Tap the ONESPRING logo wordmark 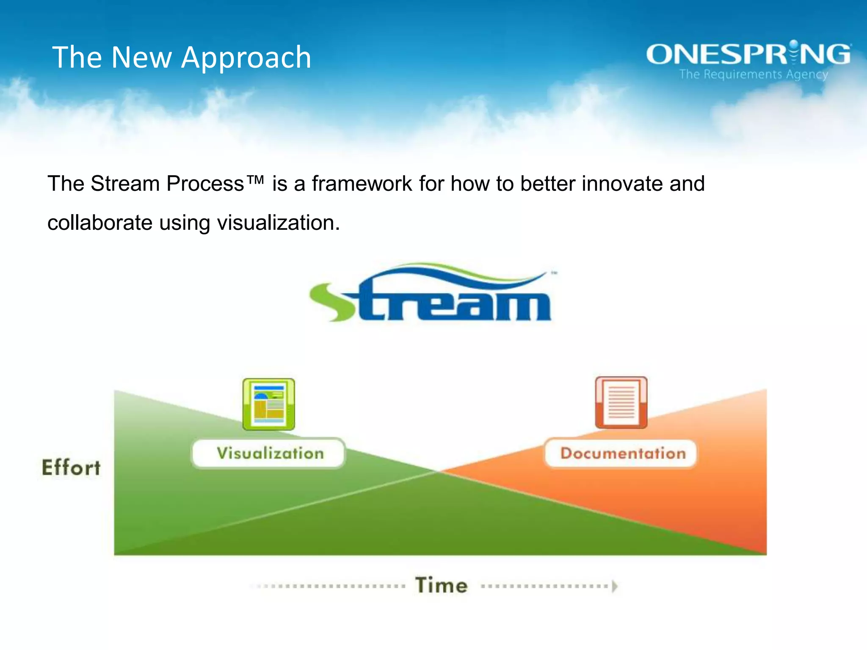click(x=748, y=55)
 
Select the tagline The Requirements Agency click(x=754, y=74)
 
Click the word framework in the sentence click(x=362, y=184)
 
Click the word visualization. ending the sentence click(x=278, y=223)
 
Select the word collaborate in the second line click(x=99, y=223)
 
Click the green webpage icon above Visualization click(x=268, y=405)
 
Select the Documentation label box click(x=621, y=453)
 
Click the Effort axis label click(x=71, y=468)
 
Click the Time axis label click(x=441, y=586)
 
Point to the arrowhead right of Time click(x=615, y=586)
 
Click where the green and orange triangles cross click(x=438, y=471)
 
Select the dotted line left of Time click(x=330, y=587)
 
